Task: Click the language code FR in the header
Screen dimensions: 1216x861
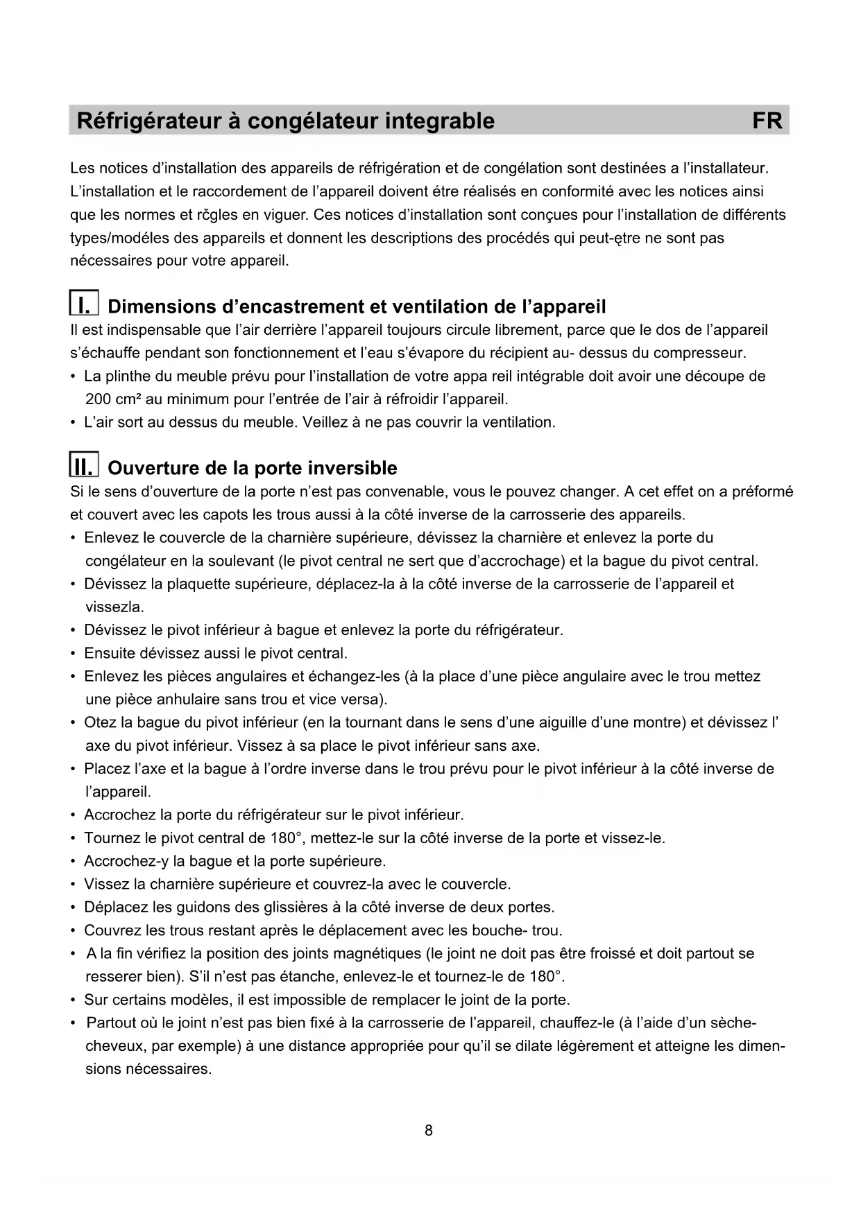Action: (767, 121)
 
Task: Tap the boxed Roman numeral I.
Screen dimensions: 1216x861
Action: (84, 305)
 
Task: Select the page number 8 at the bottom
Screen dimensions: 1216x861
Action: (429, 1130)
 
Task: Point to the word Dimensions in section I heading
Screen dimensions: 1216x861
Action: (162, 306)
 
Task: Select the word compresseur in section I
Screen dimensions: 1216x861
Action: (699, 354)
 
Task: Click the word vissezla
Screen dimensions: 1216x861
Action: (114, 607)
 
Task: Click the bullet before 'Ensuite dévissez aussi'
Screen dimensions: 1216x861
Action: (74, 654)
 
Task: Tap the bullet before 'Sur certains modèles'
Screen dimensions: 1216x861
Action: (74, 1000)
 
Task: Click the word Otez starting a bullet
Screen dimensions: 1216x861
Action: (100, 723)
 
